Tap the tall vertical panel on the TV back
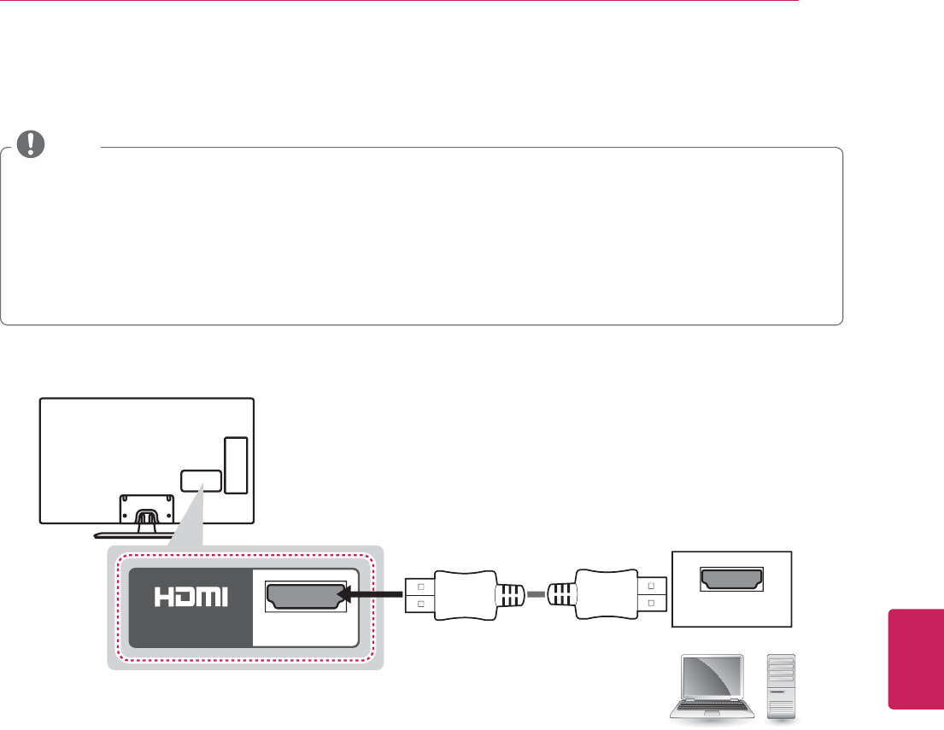coord(236,464)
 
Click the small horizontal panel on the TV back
coord(202,481)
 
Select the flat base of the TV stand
coord(142,534)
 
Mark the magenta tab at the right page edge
coord(916,657)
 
